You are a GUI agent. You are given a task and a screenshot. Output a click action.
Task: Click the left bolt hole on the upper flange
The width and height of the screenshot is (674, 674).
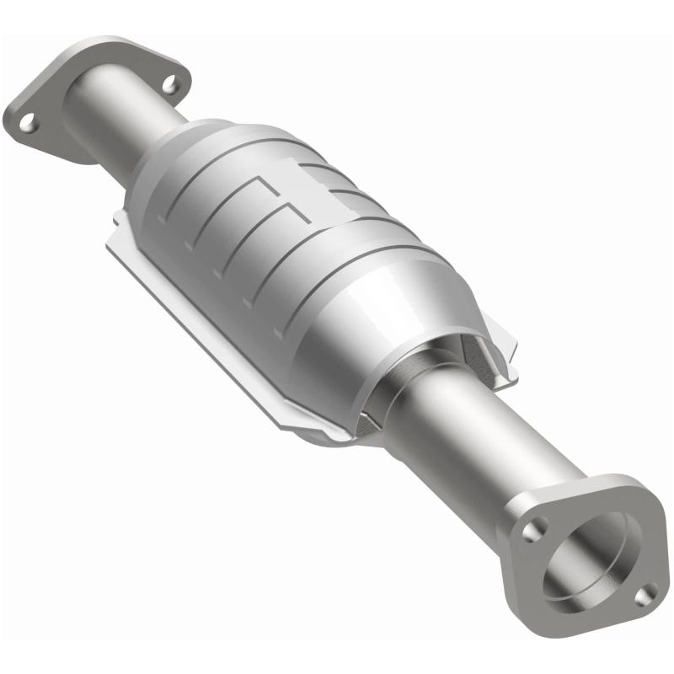tap(29, 122)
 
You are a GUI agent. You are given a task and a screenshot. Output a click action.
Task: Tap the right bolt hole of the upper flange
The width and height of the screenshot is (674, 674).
tap(171, 84)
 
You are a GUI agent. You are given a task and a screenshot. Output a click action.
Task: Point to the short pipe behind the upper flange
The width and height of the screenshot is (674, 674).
tap(105, 118)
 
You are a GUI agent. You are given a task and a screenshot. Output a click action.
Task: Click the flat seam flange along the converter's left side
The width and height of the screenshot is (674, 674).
tap(194, 312)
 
